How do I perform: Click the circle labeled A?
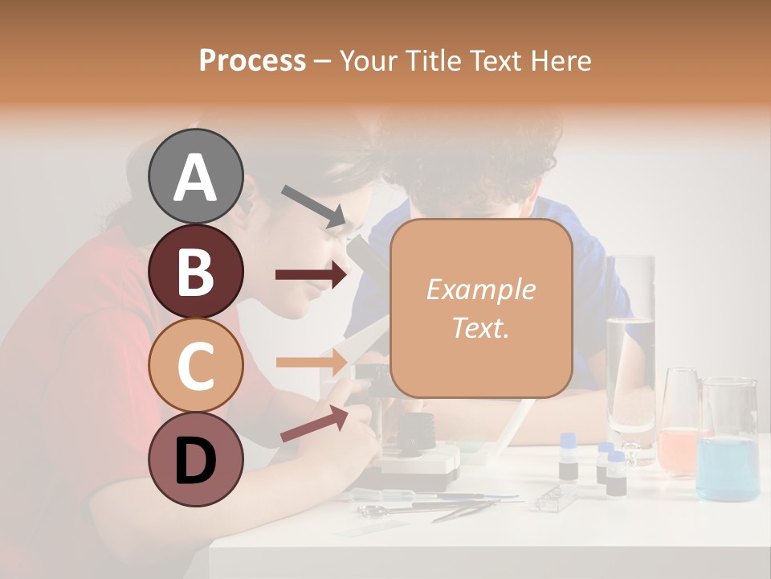(195, 176)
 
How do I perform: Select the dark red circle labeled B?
(195, 271)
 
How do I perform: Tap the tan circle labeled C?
(195, 365)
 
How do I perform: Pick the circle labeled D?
(195, 459)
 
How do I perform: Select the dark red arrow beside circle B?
(312, 275)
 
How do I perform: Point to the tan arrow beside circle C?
(312, 362)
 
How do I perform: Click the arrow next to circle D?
(313, 424)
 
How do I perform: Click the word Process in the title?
(252, 61)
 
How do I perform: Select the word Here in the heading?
(561, 61)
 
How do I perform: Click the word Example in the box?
(480, 289)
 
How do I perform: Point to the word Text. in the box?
(480, 327)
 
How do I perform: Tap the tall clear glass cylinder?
(630, 354)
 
